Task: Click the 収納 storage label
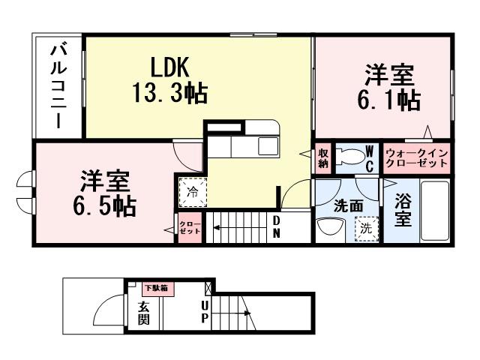coord(323,157)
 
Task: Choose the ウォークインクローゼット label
coord(417,157)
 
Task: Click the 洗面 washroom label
coord(348,204)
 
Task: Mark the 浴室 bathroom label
coord(403,211)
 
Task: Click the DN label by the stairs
coord(276,227)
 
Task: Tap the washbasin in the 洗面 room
coord(327,227)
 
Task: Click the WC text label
coord(369,157)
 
